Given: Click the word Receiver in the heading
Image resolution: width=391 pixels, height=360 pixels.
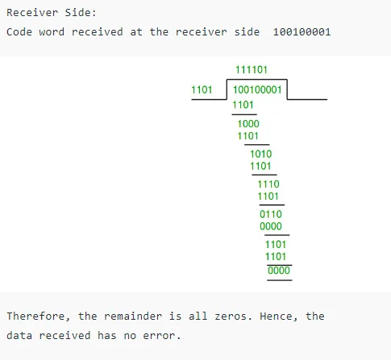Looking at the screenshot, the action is (x=32, y=13).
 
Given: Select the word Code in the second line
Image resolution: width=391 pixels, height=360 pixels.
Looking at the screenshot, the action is (x=19, y=32).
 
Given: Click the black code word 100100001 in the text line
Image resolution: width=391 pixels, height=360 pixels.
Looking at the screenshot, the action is (x=302, y=32).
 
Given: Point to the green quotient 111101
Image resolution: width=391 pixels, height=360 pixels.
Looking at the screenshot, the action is (x=252, y=70).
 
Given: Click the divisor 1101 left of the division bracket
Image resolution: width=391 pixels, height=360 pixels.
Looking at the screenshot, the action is (x=202, y=89).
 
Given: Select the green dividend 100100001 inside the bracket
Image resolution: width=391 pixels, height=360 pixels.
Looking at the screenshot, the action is (x=257, y=89).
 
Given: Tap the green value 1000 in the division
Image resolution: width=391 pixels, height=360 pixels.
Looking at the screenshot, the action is (x=248, y=124).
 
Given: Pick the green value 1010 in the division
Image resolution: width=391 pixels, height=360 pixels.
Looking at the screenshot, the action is (x=261, y=154).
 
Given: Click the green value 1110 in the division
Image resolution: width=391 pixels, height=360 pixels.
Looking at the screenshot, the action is (x=268, y=184).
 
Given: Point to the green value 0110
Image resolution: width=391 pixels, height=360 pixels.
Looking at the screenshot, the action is (x=271, y=214).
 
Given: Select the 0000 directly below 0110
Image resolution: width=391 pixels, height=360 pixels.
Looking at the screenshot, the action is (x=271, y=226).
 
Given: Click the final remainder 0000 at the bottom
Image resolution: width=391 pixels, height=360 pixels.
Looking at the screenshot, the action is (x=279, y=271).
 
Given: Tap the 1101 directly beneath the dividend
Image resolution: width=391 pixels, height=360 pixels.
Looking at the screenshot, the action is (x=243, y=105).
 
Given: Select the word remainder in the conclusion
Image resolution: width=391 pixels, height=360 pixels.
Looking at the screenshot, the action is (x=133, y=317).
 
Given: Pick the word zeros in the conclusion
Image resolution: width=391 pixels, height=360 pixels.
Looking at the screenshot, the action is (x=231, y=317).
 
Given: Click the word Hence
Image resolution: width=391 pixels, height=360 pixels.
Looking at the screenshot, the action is (x=276, y=317).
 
